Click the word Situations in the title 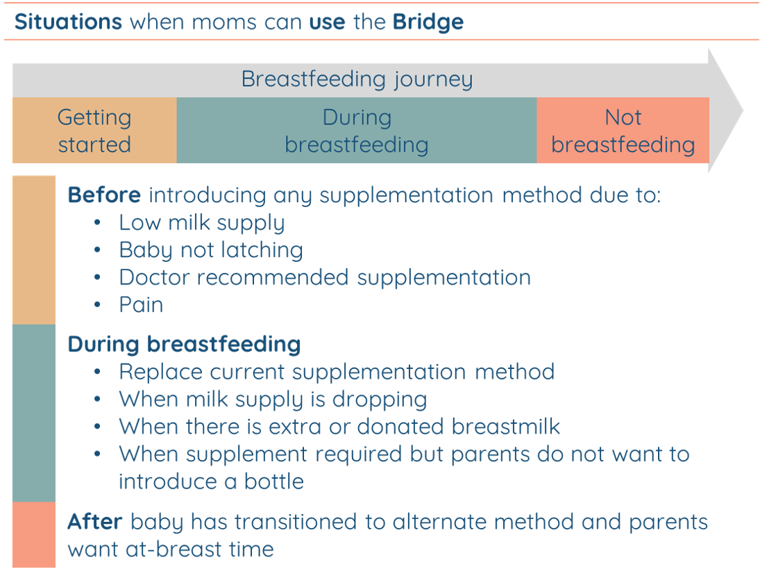(68, 22)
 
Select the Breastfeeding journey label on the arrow (357, 79)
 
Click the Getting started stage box (94, 130)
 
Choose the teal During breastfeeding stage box (357, 130)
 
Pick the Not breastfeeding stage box (623, 130)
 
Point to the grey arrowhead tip (743, 110)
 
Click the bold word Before (104, 195)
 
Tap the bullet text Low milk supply (202, 223)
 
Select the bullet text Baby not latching (211, 250)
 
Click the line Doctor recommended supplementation (325, 277)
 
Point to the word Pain (141, 305)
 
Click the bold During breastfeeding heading (184, 344)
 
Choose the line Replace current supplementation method (337, 372)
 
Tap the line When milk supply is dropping (273, 400)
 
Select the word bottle (274, 482)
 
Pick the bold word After (95, 522)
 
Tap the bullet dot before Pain (97, 305)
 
